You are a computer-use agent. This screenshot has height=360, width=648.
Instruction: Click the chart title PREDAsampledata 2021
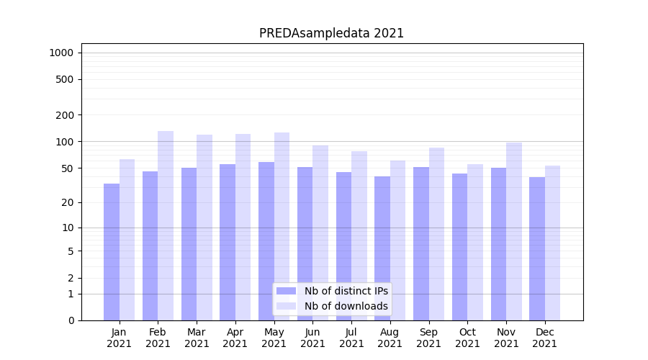331,33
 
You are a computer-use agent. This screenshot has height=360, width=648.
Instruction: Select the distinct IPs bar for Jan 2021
112,252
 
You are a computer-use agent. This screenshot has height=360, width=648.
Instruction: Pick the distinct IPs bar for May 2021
266,241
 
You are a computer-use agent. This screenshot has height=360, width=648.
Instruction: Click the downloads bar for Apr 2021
243,227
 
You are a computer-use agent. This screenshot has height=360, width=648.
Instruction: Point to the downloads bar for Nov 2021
513,231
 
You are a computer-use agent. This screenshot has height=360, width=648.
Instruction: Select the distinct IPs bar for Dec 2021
537,248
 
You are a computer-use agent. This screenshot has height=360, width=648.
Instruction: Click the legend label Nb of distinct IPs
346,291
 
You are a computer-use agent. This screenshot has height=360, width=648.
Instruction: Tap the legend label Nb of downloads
346,306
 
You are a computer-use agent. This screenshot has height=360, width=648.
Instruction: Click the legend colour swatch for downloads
286,306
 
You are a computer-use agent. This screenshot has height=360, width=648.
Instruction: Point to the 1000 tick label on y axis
61,53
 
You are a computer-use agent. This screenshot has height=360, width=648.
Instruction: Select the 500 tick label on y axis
65,79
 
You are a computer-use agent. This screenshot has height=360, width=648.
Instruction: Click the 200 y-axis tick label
65,115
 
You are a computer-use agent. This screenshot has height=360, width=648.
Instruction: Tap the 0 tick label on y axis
71,320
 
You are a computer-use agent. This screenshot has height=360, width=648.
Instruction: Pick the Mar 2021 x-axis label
197,338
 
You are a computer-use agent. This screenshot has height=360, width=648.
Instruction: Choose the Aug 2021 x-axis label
390,338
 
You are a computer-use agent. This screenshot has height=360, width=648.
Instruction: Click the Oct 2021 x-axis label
467,338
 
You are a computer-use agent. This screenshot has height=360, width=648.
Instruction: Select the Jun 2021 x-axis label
312,338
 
